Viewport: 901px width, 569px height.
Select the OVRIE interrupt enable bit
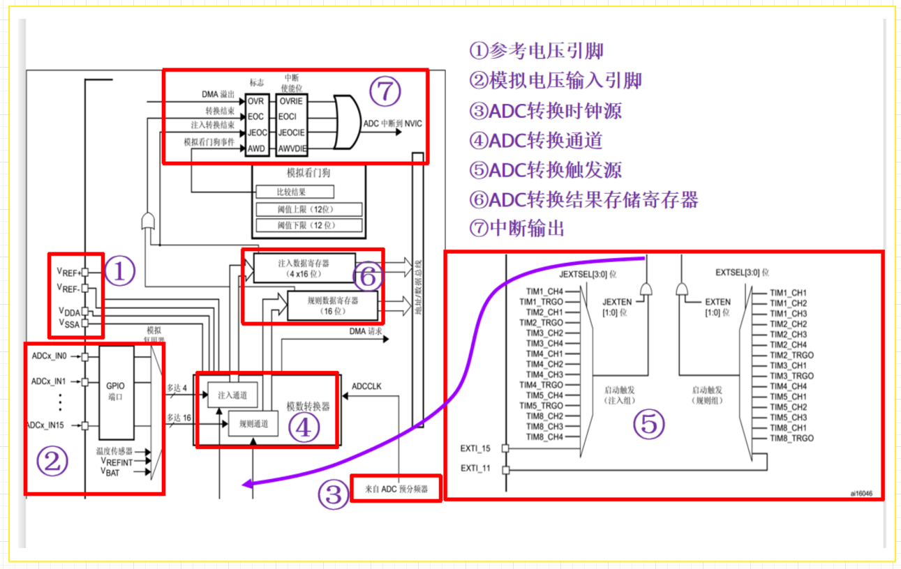(x=291, y=101)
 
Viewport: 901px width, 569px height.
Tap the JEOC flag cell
(x=257, y=132)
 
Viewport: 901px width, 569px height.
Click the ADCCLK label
(x=366, y=386)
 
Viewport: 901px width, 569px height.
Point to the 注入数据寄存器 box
(x=304, y=268)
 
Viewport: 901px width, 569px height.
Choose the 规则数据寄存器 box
(x=333, y=305)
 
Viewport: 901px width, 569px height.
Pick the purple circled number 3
(x=333, y=494)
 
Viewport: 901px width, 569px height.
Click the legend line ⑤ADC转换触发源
(x=545, y=170)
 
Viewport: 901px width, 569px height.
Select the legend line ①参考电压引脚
(x=536, y=51)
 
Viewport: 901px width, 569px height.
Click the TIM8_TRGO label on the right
(x=791, y=438)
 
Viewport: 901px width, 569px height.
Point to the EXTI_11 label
(x=475, y=469)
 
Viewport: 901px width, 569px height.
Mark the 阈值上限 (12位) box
(x=309, y=209)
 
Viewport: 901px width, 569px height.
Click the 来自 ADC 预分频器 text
(x=396, y=490)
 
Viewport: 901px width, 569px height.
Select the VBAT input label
(x=112, y=472)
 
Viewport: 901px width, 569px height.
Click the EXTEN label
(x=717, y=302)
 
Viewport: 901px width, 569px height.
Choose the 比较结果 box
(x=295, y=191)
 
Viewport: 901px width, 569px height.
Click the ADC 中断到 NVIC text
(x=392, y=123)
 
